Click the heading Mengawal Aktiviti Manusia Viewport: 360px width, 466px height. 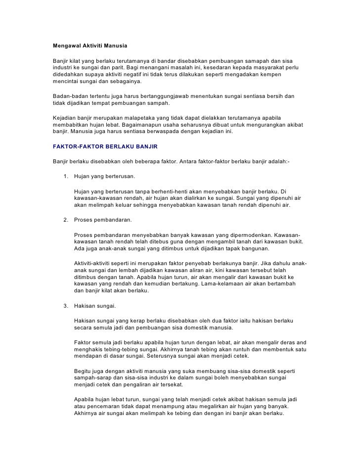tap(90, 46)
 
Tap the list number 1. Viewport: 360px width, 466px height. tap(66, 177)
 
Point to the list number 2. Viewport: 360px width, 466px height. tap(66, 219)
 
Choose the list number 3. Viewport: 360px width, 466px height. tap(66, 305)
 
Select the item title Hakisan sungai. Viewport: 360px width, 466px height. tap(94, 305)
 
